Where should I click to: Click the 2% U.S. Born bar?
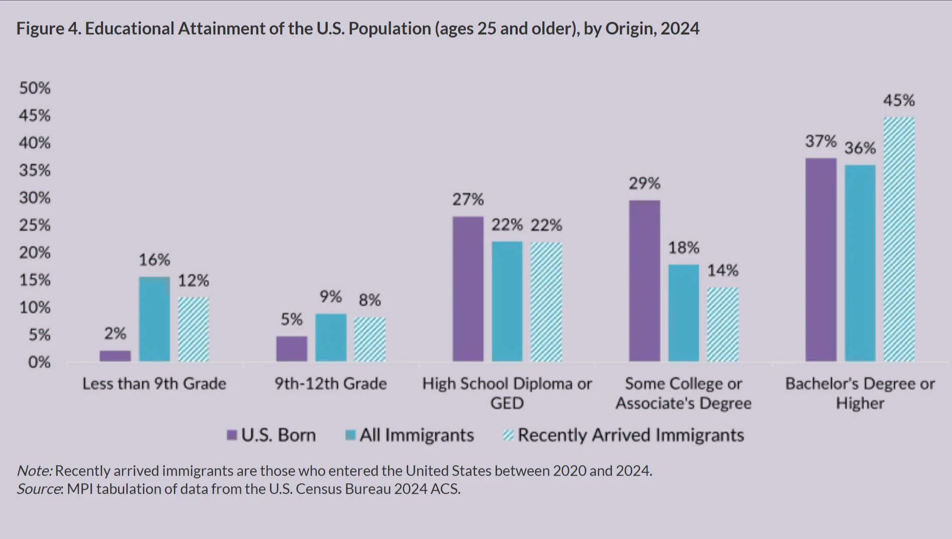point(115,356)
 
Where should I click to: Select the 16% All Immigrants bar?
point(154,319)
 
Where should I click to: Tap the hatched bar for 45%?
point(899,239)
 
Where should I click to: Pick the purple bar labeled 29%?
point(644,281)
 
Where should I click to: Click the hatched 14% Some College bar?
point(723,324)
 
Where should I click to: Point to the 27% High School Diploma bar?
point(468,289)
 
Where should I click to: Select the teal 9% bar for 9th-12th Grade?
point(331,337)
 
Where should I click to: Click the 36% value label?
point(860,148)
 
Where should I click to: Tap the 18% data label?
point(684,248)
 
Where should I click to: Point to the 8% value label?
point(370,300)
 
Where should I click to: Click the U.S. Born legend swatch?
point(232,435)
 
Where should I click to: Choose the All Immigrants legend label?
point(417,435)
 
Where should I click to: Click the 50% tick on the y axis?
point(35,88)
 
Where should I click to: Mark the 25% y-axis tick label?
point(35,225)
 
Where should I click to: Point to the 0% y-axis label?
point(39,362)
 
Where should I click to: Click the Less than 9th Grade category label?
point(154,384)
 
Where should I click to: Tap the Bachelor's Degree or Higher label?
point(860,393)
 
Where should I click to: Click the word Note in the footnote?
point(34,471)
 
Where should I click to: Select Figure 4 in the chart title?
point(48,29)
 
